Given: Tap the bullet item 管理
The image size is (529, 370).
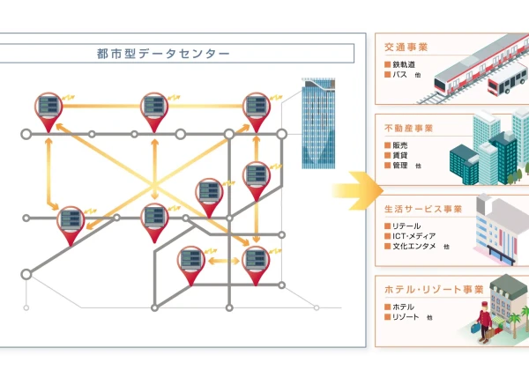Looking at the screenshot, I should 400,166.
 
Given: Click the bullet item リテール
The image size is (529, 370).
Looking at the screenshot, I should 406,226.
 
